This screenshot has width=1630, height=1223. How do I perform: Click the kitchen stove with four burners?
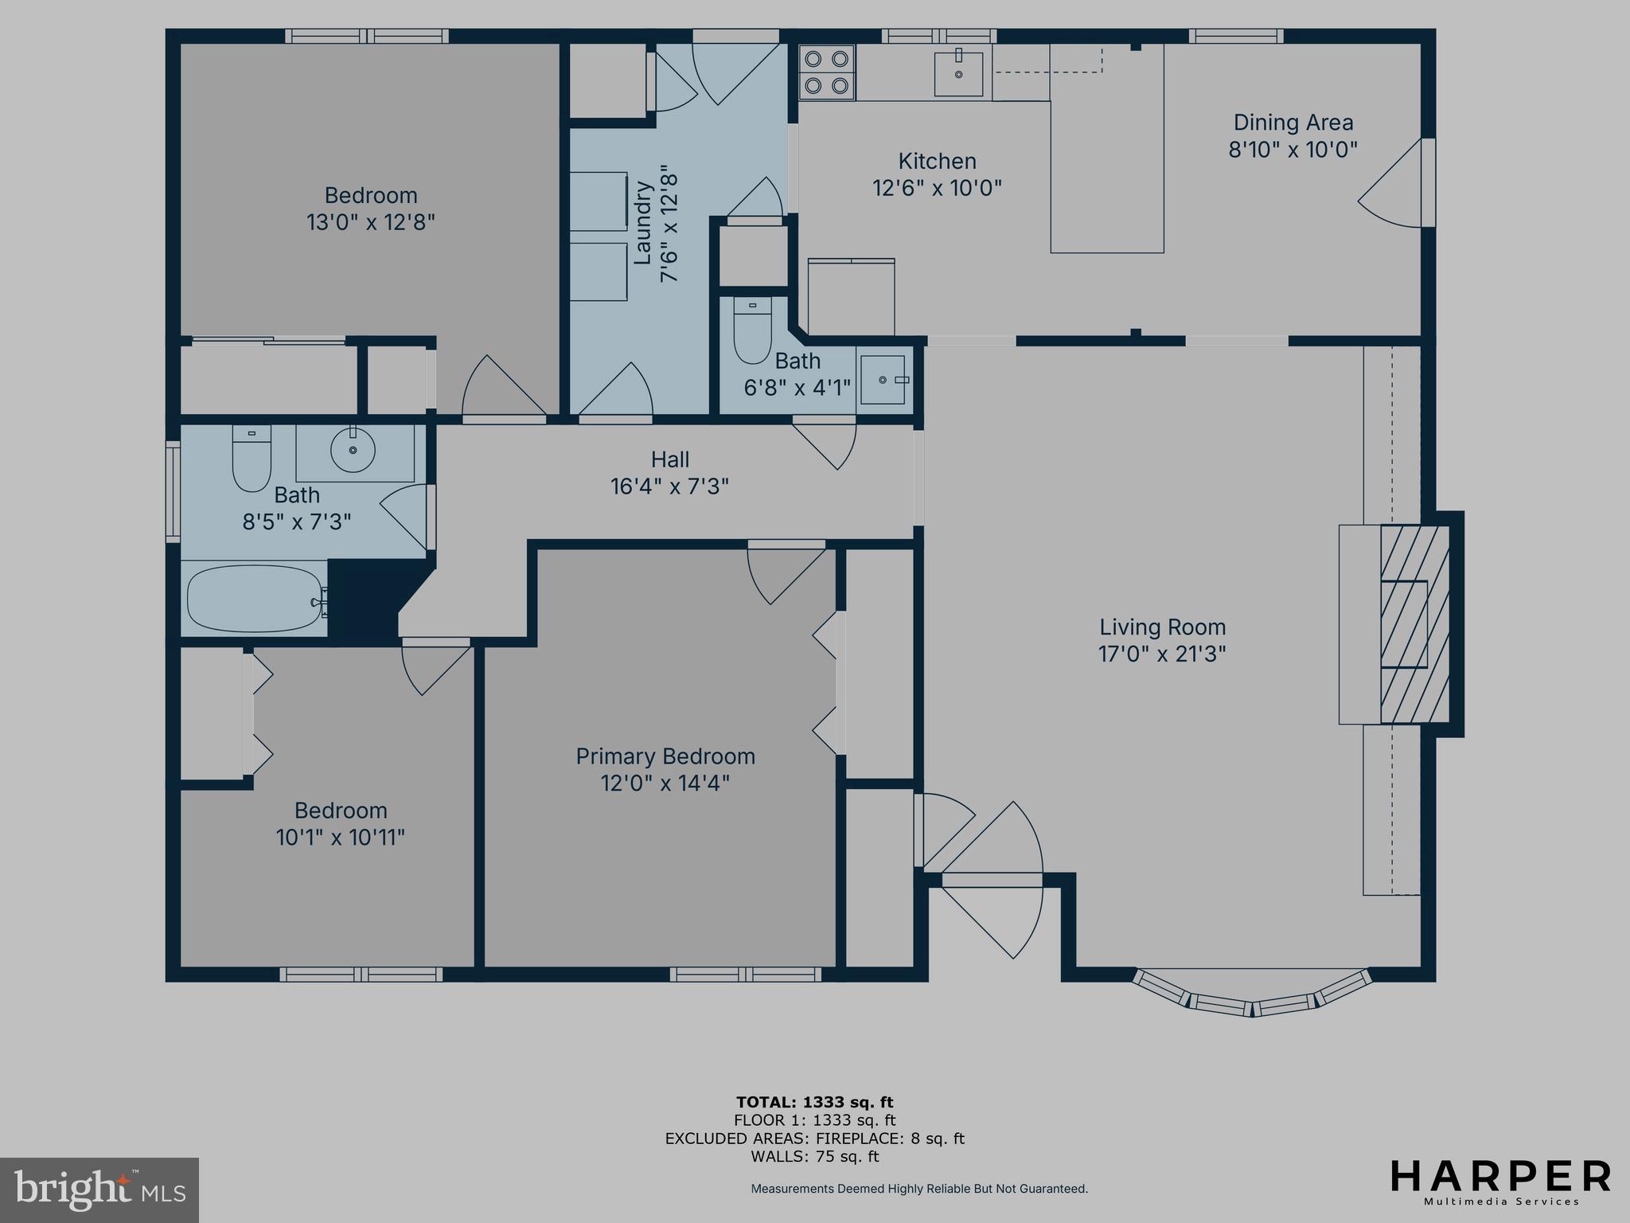pyautogui.click(x=827, y=72)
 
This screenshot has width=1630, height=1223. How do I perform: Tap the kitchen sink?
pyautogui.click(x=958, y=72)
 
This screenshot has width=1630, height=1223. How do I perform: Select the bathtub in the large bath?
pyautogui.click(x=253, y=599)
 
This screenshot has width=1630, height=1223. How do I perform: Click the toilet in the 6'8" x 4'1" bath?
pyautogui.click(x=752, y=330)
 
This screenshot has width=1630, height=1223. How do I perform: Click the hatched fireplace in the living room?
pyautogui.click(x=1414, y=623)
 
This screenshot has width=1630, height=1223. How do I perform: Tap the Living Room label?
pyautogui.click(x=1162, y=627)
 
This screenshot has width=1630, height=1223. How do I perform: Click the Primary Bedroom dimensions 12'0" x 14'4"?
pyautogui.click(x=665, y=783)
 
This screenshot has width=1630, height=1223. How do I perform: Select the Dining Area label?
pyautogui.click(x=1293, y=123)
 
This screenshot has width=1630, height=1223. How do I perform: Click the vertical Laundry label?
pyautogui.click(x=643, y=223)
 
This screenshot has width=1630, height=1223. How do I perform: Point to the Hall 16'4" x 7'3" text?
pyautogui.click(x=669, y=473)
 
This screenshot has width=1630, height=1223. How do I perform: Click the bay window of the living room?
pyautogui.click(x=1253, y=996)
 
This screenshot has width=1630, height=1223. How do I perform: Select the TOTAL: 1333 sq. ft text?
pyautogui.click(x=814, y=1103)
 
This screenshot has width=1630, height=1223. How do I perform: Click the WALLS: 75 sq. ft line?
pyautogui.click(x=814, y=1157)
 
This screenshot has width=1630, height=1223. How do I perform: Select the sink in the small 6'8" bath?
pyautogui.click(x=883, y=380)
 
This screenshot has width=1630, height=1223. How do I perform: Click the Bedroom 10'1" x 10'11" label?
pyautogui.click(x=341, y=824)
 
